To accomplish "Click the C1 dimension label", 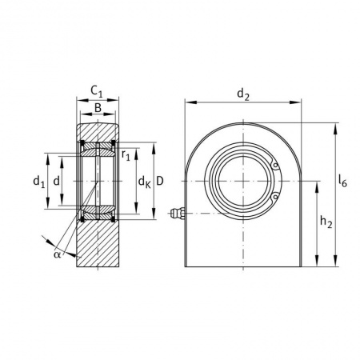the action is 97,91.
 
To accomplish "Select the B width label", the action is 98,108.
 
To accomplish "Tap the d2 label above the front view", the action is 243,94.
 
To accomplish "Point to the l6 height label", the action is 342,181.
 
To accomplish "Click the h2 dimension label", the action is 326,222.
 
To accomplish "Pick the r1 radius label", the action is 126,155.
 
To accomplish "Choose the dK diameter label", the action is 145,182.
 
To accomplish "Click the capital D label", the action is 159,182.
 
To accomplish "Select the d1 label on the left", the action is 39,182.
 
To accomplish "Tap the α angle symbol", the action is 57,254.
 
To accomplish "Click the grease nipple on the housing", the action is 177,213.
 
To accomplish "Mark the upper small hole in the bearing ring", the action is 275,166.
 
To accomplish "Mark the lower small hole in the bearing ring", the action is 275,197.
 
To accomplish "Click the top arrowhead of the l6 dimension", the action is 335,128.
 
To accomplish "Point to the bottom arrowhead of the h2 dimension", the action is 317,261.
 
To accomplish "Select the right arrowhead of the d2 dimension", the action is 295,102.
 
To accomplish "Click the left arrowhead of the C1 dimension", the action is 82,100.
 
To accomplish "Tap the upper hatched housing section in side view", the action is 98,132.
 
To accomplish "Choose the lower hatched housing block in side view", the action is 98,243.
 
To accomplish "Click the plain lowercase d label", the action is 57,182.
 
